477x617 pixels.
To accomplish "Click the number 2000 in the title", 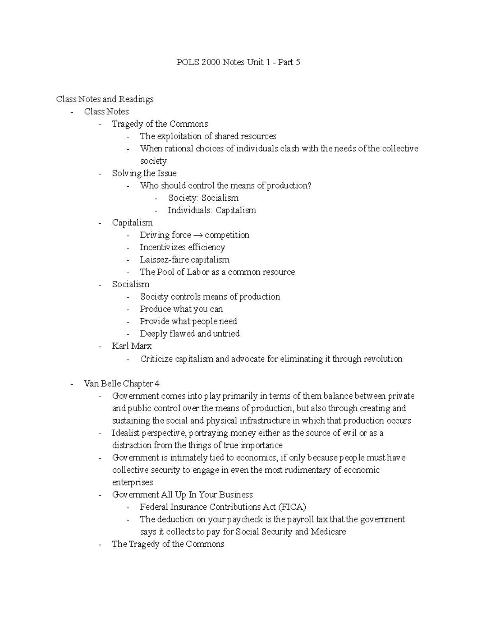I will click(x=210, y=62).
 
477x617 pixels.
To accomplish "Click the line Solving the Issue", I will click(x=144, y=173).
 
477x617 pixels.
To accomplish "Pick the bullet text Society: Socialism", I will click(x=203, y=198).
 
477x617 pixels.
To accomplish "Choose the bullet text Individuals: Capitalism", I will click(x=212, y=210).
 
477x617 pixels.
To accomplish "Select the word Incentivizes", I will click(x=163, y=247).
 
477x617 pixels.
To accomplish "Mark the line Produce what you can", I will click(x=181, y=309).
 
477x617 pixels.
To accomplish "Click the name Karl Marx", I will click(x=132, y=346).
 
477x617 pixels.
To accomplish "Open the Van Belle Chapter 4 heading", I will click(x=122, y=384).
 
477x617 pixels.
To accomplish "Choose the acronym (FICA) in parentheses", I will click(x=292, y=507).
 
